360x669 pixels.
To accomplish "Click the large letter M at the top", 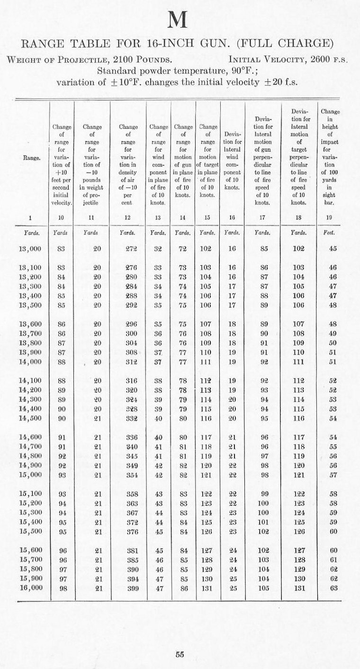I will [180, 20].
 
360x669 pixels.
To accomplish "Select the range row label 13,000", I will [30, 248].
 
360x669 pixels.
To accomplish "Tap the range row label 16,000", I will [30, 588].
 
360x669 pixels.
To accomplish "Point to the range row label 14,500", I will [30, 418].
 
